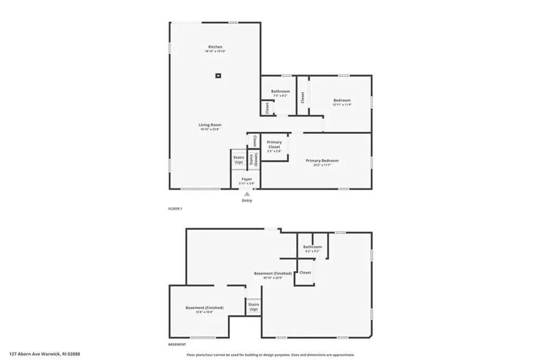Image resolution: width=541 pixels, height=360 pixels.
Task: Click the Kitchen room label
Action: [x=215, y=48]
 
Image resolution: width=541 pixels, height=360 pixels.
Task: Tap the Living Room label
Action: [x=210, y=125]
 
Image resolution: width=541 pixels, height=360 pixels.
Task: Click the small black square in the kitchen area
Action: [x=218, y=76]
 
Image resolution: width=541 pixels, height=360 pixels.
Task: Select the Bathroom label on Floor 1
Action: [x=281, y=91]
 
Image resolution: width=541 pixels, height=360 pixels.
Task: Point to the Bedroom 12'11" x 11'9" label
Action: [x=341, y=100]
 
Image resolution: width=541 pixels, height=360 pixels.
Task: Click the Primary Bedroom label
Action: [x=322, y=161]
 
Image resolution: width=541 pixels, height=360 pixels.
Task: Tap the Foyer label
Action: [x=247, y=179]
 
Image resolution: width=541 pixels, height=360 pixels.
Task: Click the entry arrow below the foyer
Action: [x=247, y=194]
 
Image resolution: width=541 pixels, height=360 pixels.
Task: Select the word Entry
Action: [x=247, y=200]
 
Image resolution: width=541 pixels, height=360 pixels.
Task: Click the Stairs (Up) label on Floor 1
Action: [x=238, y=159]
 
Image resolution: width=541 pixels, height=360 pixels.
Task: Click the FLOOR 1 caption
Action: [x=174, y=209]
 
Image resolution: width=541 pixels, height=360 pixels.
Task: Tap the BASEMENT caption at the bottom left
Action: [x=177, y=345]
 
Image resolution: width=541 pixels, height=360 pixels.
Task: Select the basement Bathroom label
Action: [x=312, y=247]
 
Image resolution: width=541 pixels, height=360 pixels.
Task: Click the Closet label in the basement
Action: [x=305, y=273]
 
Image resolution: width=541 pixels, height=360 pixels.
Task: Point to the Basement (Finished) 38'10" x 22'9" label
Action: [x=273, y=274]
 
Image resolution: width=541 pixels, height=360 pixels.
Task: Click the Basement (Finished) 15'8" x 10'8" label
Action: [x=204, y=308]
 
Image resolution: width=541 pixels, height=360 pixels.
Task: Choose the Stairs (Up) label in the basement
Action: [x=253, y=307]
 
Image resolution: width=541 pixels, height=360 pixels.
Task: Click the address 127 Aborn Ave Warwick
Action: [x=44, y=354]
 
